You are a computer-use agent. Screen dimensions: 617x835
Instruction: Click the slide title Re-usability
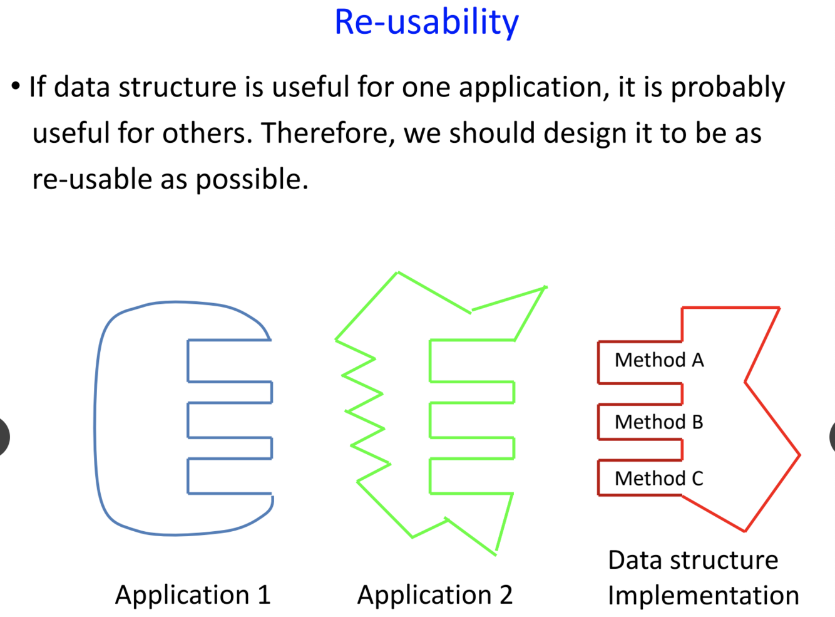(426, 23)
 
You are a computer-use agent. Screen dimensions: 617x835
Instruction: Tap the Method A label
(659, 360)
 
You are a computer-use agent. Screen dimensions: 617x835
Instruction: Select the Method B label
(658, 422)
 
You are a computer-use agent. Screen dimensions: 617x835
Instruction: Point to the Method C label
(658, 479)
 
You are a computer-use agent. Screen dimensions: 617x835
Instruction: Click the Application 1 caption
(193, 595)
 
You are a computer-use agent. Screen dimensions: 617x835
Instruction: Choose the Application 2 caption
(434, 595)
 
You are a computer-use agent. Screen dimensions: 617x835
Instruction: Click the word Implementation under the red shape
(703, 596)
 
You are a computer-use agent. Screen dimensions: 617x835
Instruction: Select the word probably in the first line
(727, 88)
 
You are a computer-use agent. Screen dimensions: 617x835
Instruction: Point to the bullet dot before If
(16, 86)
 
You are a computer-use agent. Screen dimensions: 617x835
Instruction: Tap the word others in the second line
(207, 133)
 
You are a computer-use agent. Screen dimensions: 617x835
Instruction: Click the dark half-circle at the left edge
(4, 436)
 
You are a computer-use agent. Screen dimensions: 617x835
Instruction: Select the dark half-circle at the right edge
(831, 436)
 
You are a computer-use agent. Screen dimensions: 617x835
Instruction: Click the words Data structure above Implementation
(693, 560)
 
